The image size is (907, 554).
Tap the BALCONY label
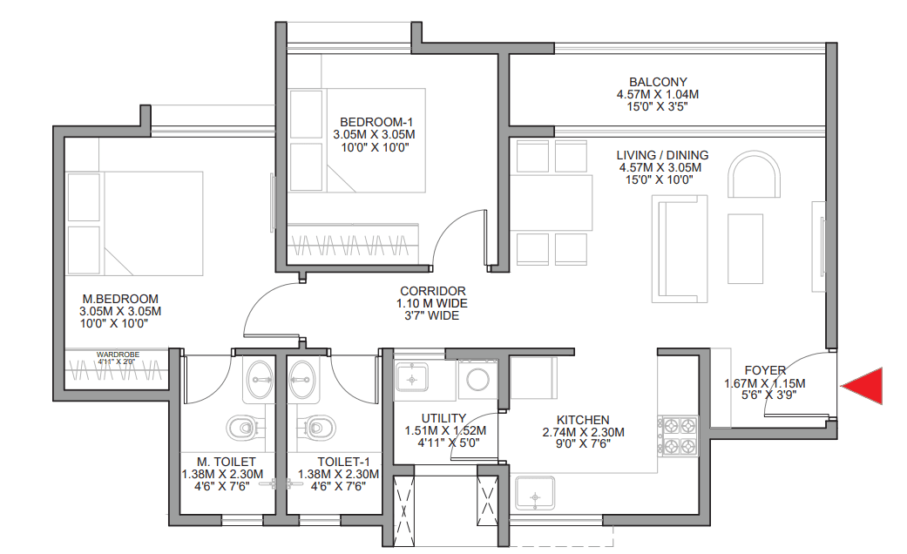tap(658, 82)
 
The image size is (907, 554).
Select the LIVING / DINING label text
tap(662, 155)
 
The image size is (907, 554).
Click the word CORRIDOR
tap(432, 291)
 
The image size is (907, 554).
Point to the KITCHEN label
tap(583, 420)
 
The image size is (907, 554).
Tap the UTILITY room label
tap(443, 418)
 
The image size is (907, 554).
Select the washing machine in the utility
tap(477, 380)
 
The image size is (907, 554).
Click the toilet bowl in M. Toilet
tap(243, 428)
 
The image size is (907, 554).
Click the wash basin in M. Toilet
tap(259, 380)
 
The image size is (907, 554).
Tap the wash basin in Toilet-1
tap(302, 380)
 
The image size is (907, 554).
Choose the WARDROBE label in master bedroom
tap(118, 355)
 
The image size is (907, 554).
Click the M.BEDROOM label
tap(120, 299)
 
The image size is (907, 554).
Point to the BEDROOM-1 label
tap(376, 122)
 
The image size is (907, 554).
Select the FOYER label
tap(765, 370)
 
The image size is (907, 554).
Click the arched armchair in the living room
tap(755, 174)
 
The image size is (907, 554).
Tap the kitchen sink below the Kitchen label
tap(535, 493)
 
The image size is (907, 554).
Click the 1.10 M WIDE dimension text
tap(431, 303)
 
